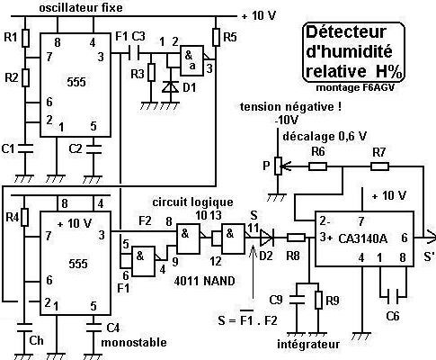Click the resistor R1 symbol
pyautogui.click(x=25, y=38)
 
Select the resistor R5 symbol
pyautogui.click(x=216, y=37)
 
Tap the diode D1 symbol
pyautogui.click(x=171, y=87)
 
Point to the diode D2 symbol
pyautogui.click(x=267, y=238)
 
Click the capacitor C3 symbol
pyautogui.click(x=134, y=54)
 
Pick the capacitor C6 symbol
pyautogui.click(x=392, y=297)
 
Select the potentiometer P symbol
pyautogui.click(x=279, y=166)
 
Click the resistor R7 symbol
pyautogui.click(x=379, y=166)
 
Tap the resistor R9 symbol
pyautogui.click(x=318, y=300)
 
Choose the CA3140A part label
pyautogui.click(x=362, y=238)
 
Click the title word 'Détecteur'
pyautogui.click(x=345, y=32)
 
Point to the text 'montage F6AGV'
pyautogui.click(x=355, y=87)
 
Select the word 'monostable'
pyautogui.click(x=134, y=342)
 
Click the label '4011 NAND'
pyautogui.click(x=204, y=281)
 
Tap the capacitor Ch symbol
pyautogui.click(x=25, y=328)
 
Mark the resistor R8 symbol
pyautogui.click(x=297, y=238)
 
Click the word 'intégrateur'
pyautogui.click(x=308, y=344)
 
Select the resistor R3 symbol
pyautogui.click(x=152, y=72)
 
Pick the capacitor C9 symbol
pyautogui.click(x=297, y=299)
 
